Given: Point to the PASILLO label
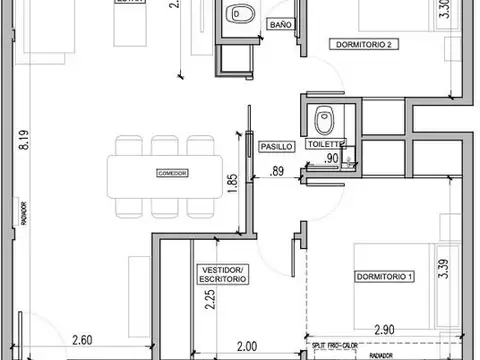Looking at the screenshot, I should coord(276,146).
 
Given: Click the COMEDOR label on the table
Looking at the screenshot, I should coord(172,173).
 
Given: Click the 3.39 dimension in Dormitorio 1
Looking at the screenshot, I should coord(443,268).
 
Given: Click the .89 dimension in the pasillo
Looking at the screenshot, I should coord(279,171).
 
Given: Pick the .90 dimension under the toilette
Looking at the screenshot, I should coord(333,158).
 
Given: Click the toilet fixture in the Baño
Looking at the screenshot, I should coord(238,14).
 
